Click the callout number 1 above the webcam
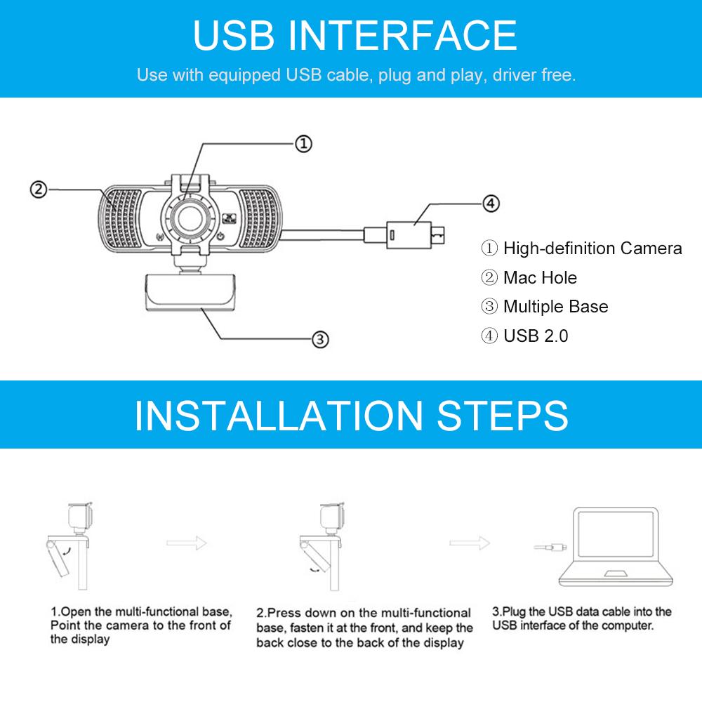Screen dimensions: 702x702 303,144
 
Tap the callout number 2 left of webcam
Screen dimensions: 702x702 39,190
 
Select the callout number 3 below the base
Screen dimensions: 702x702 320,339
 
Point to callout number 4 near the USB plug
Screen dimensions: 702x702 491,204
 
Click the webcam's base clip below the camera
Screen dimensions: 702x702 190,291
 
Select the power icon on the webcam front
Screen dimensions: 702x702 220,237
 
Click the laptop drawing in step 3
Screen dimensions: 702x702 616,547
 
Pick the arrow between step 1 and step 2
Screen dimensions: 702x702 187,543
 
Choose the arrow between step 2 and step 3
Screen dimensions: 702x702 470,543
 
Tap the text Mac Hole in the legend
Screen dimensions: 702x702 540,277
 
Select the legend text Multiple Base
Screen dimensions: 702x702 555,307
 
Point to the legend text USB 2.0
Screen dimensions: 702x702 536,336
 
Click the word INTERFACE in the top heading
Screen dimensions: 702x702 402,35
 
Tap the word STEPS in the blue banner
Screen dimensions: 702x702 503,416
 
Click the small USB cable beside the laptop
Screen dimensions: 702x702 550,547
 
